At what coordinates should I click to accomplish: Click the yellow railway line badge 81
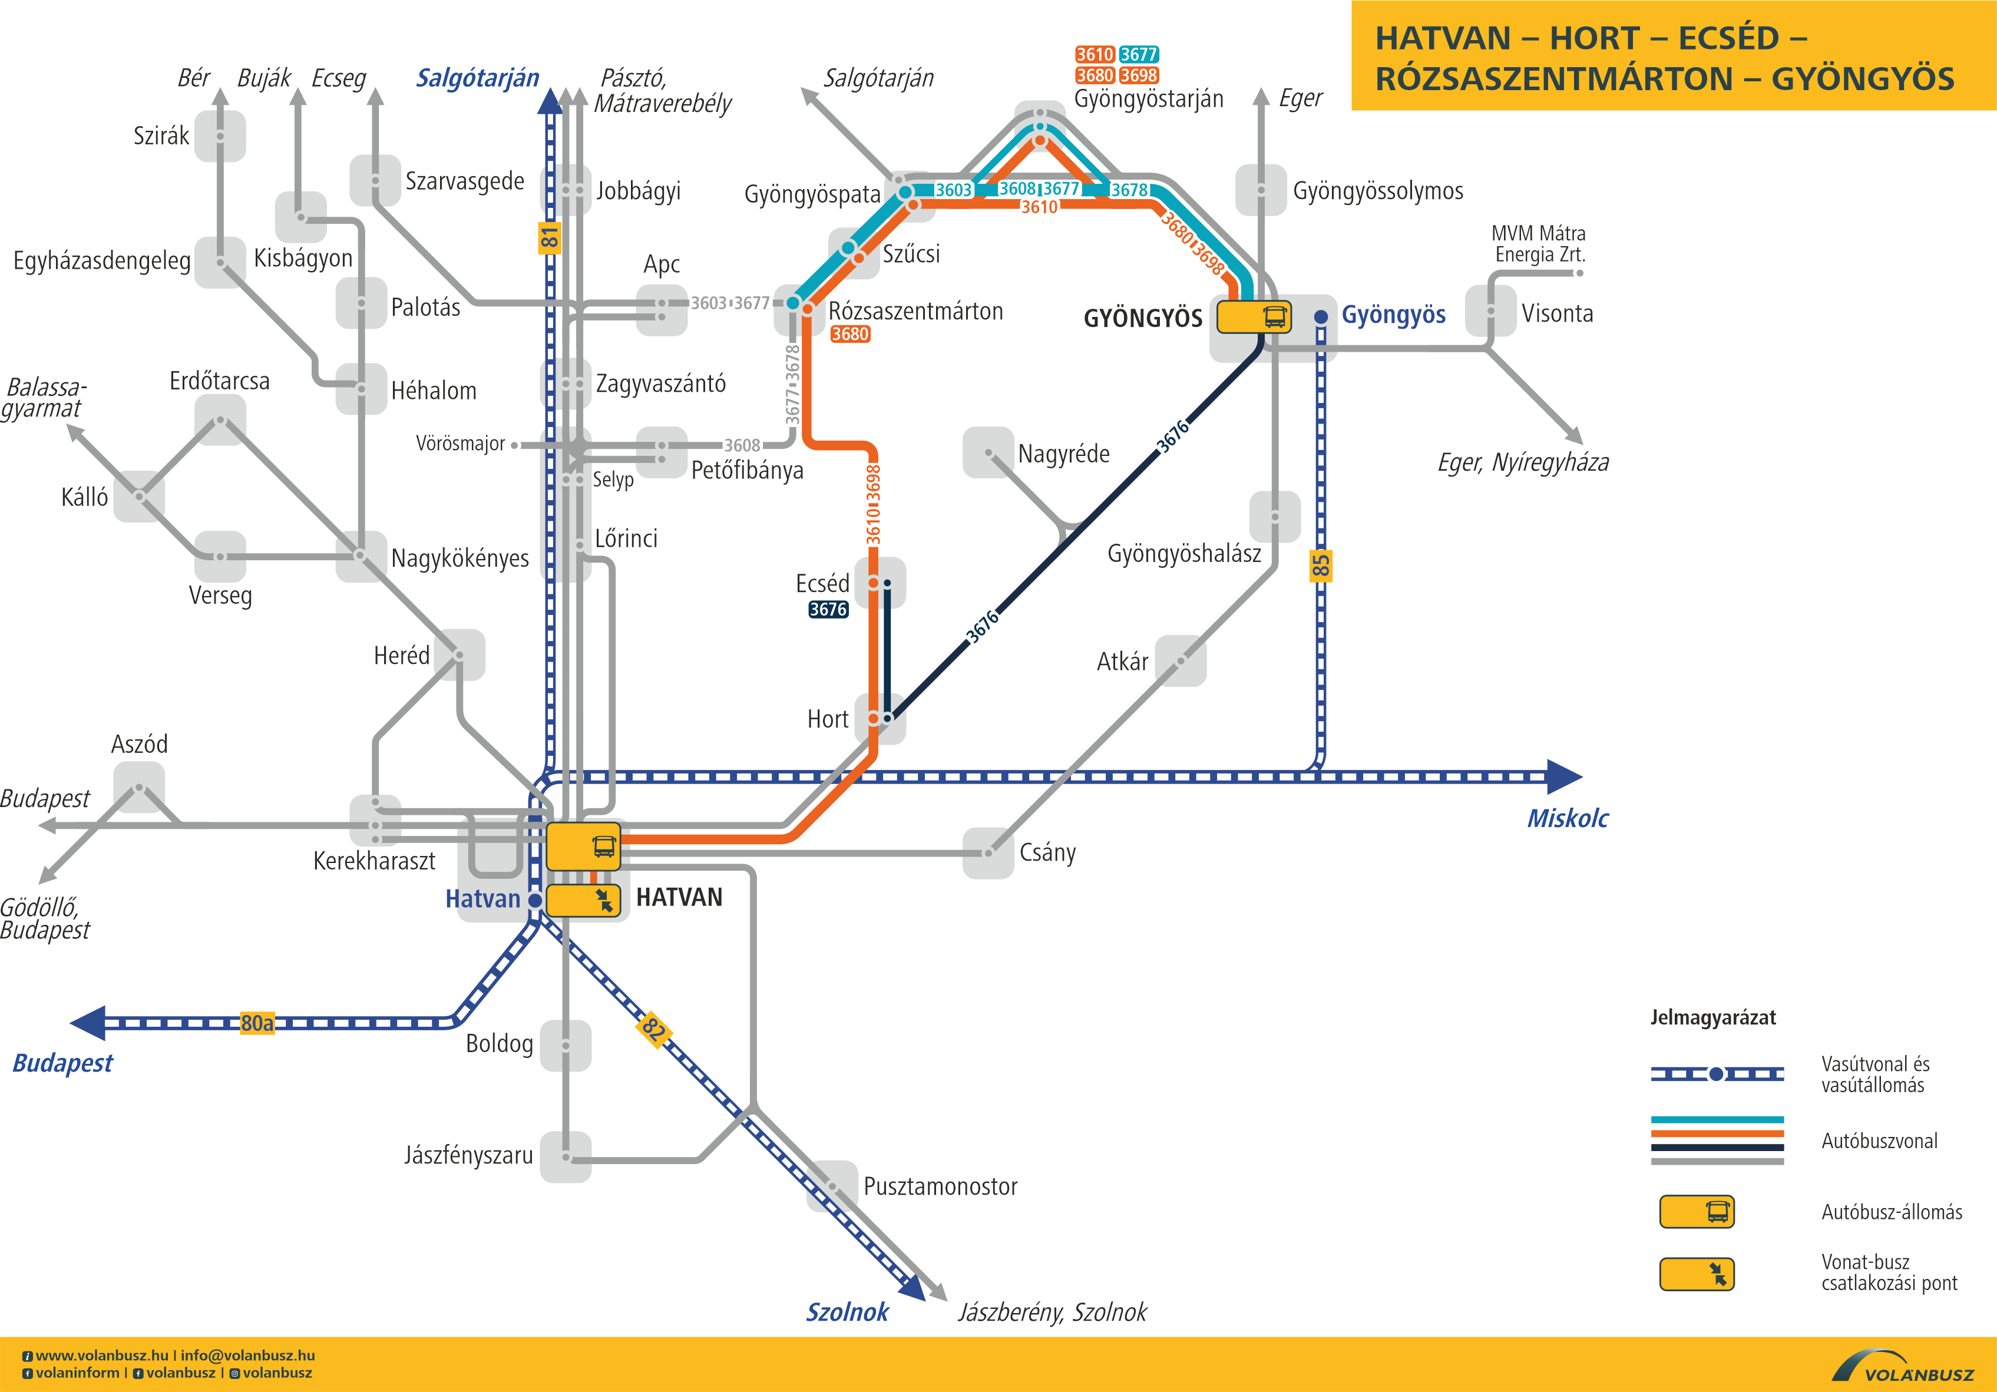pos(549,237)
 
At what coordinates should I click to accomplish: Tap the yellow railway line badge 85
pos(1320,566)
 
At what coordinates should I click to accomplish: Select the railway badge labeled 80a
pos(257,1023)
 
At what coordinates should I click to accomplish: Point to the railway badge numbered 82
pos(653,1029)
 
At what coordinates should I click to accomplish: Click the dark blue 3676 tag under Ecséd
pos(828,610)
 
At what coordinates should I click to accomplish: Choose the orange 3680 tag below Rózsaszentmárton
pos(850,334)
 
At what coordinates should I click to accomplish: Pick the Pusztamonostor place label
pos(940,1186)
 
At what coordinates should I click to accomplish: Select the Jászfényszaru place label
pos(468,1155)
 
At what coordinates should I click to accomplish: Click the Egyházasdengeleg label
pos(102,261)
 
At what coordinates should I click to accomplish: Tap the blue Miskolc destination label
pos(1568,819)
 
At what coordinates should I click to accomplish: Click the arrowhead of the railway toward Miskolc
pos(1566,777)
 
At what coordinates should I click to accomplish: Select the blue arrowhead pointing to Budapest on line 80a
pos(88,1023)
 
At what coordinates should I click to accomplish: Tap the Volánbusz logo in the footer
pos(1903,1367)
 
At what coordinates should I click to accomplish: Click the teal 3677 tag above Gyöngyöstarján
pos(1139,55)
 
